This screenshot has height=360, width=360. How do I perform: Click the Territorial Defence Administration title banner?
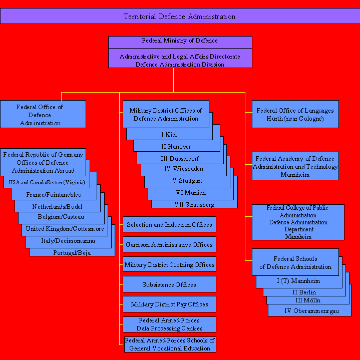click(180, 16)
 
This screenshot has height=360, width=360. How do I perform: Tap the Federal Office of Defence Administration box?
click(43, 114)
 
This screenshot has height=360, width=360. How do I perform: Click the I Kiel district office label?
click(169, 135)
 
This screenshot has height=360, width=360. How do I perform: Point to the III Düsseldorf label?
click(180, 159)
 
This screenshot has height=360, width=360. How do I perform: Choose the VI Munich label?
click(191, 193)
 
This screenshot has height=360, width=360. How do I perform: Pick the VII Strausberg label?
click(194, 205)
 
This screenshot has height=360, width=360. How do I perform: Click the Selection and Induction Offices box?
click(169, 224)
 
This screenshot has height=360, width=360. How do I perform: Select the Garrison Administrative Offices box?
click(169, 244)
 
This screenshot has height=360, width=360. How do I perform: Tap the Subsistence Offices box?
click(169, 284)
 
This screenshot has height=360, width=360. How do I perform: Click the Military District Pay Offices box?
click(169, 304)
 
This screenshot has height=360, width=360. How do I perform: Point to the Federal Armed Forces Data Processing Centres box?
click(169, 324)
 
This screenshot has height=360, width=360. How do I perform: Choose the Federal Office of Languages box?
click(295, 114)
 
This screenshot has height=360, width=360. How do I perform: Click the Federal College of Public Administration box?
click(298, 222)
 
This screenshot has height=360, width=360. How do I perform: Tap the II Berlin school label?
click(304, 292)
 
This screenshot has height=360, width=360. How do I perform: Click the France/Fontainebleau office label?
click(54, 195)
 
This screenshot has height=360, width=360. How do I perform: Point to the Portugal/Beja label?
click(72, 252)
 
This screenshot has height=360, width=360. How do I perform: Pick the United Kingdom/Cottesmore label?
click(65, 229)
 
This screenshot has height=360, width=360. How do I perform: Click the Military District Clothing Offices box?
click(169, 264)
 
